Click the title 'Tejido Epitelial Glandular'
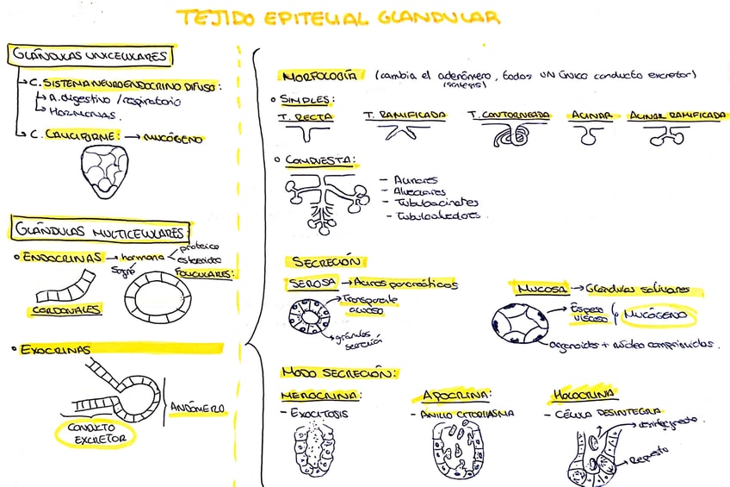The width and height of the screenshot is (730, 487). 337,17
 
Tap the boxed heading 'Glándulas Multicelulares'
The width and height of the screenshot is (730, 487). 99,232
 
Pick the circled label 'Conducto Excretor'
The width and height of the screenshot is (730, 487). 95,433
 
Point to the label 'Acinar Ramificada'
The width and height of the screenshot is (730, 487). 673,116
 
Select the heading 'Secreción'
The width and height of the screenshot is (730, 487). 328,261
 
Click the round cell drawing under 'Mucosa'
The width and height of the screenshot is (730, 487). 519,325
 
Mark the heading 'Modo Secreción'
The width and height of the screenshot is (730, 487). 338,372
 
